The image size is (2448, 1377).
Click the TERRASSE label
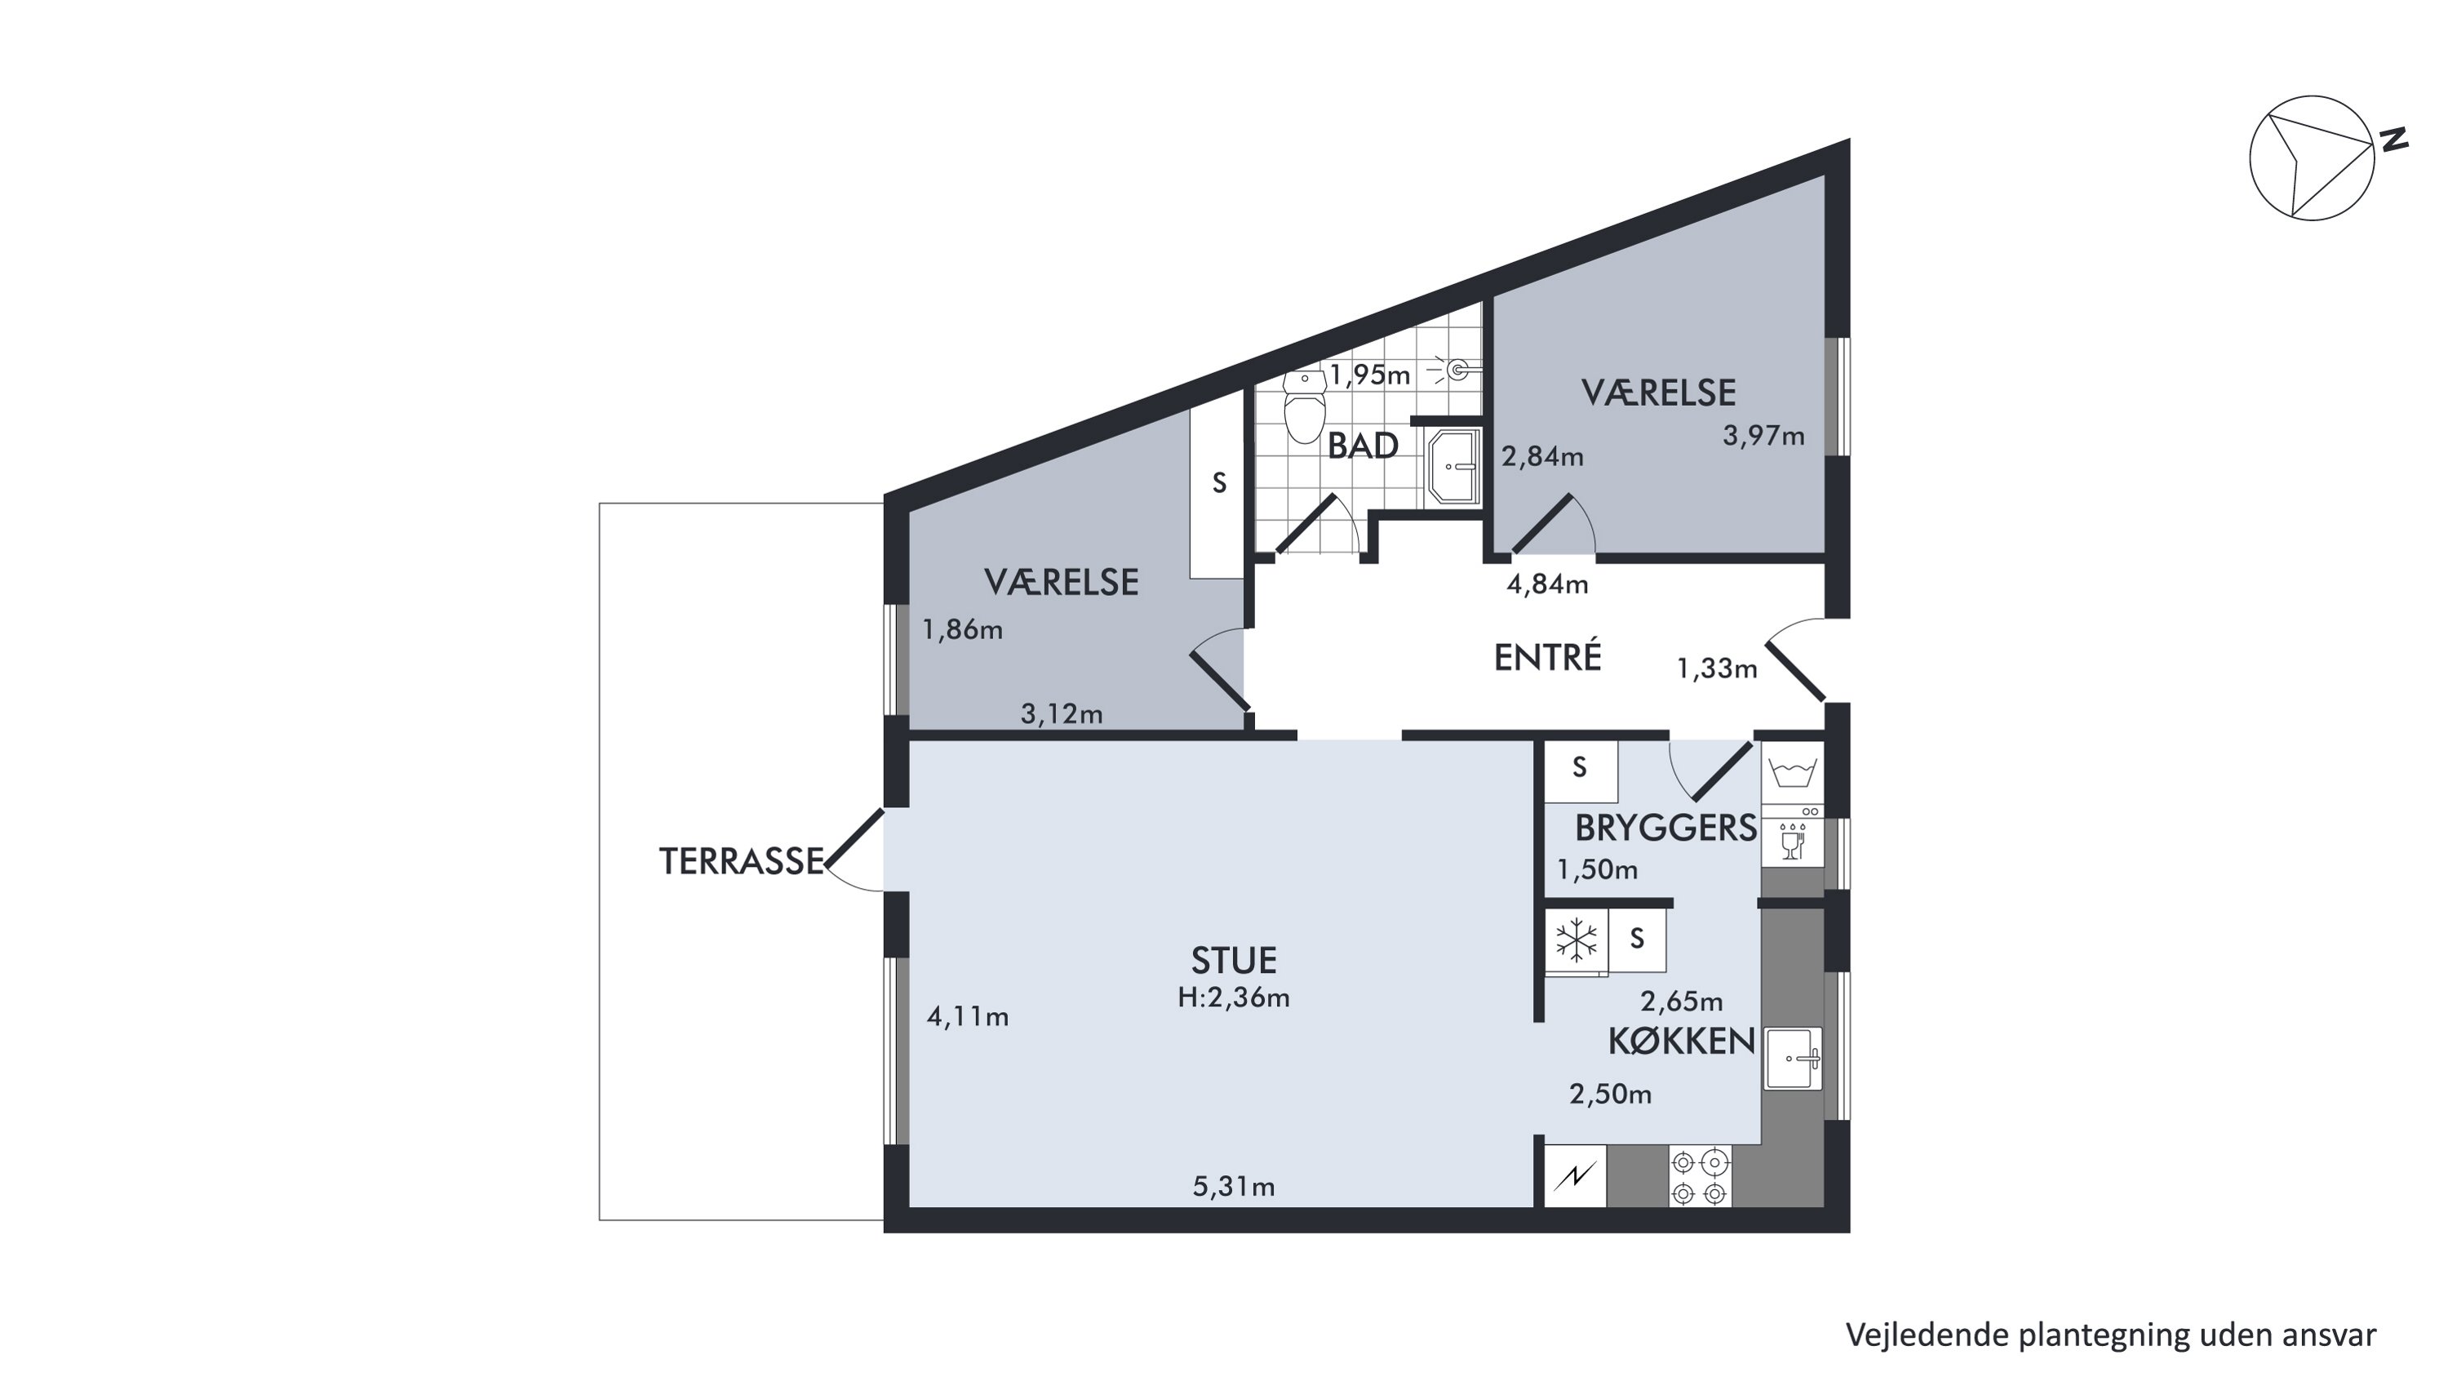(741, 861)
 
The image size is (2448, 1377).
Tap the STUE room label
(1234, 961)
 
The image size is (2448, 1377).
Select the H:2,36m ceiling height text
(1234, 997)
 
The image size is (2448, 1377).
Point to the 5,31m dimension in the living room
(1234, 1187)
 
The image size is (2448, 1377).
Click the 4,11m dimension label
(968, 1017)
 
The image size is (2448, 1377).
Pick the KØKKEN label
(1681, 1042)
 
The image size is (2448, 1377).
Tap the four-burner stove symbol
(1699, 1176)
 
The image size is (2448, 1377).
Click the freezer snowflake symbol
(1576, 941)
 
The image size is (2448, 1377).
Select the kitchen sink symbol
(1794, 1058)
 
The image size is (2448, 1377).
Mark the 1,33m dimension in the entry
(1716, 669)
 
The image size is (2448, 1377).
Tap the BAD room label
(1363, 446)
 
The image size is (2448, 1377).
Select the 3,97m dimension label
(1763, 436)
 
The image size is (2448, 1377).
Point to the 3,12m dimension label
(1062, 713)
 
